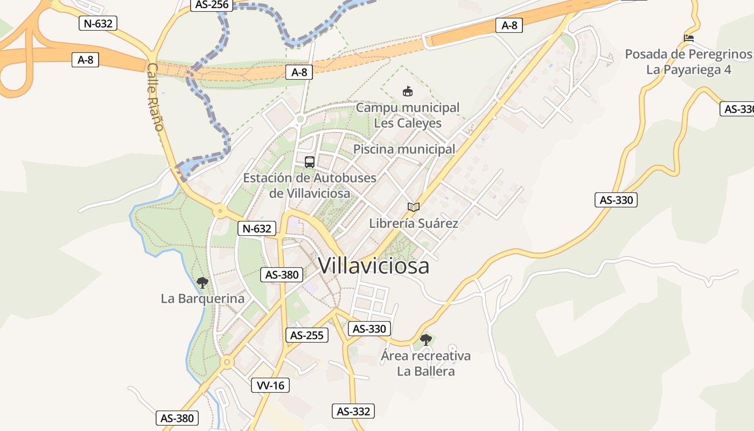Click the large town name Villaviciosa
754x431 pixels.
point(374,265)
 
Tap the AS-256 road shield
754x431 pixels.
point(212,5)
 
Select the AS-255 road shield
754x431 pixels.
point(306,335)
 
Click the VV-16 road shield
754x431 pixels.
point(270,385)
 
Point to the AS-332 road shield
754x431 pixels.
point(353,411)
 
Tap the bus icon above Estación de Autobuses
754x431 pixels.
point(310,162)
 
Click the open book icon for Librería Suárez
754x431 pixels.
point(413,207)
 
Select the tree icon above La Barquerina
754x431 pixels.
point(203,282)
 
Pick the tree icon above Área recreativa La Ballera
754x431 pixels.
point(426,339)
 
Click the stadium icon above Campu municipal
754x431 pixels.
point(408,92)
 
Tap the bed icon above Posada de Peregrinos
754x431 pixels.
point(689,38)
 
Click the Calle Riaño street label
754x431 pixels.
point(155,97)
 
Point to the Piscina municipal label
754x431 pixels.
point(404,149)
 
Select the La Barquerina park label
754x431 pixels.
point(203,298)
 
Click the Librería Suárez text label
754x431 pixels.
point(414,223)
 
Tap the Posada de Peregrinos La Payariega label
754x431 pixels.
point(688,62)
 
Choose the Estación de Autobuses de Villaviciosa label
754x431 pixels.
point(310,185)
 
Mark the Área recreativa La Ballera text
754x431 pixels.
point(425,363)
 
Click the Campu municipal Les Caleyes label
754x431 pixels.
point(408,115)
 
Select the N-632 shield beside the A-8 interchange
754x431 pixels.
point(97,23)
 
